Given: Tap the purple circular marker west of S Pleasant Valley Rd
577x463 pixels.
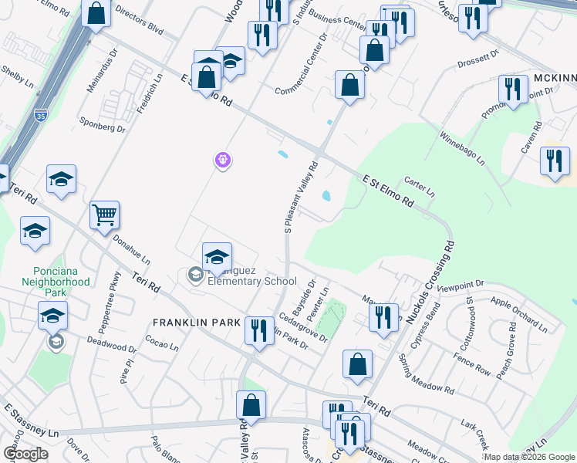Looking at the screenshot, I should tap(223, 160).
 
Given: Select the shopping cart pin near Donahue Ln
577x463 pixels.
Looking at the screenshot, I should tap(104, 215).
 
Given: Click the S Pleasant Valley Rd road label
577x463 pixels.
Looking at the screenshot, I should tap(302, 197).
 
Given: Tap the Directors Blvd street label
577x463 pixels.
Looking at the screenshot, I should tap(140, 27).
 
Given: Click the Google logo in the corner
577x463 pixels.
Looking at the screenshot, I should tap(25, 454).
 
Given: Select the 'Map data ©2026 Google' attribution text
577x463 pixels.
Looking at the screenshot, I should tap(528, 457).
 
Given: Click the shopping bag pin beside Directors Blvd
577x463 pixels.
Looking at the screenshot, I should tap(96, 13).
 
